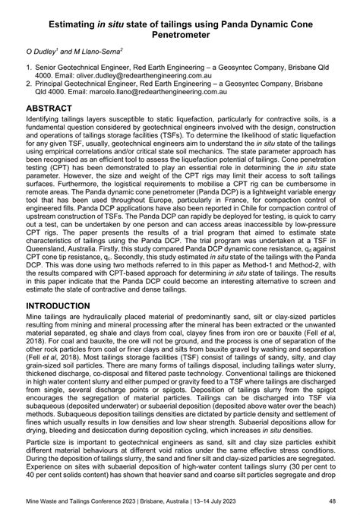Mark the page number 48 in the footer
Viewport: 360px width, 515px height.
click(332, 501)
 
